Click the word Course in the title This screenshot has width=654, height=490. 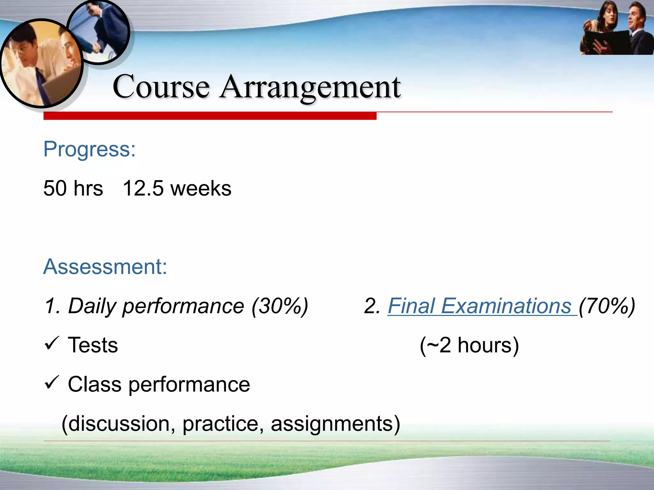[x=161, y=87]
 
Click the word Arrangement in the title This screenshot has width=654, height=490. [x=310, y=87]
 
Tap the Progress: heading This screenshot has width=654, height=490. [x=89, y=149]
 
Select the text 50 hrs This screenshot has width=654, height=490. [x=73, y=188]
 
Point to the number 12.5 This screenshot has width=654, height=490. [x=143, y=188]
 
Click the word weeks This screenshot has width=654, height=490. [x=201, y=188]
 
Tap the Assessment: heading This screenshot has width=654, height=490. [x=105, y=267]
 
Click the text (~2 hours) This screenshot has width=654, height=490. [x=469, y=345]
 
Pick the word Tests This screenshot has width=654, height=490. [x=93, y=345]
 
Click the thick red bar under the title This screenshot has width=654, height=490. [x=210, y=116]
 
